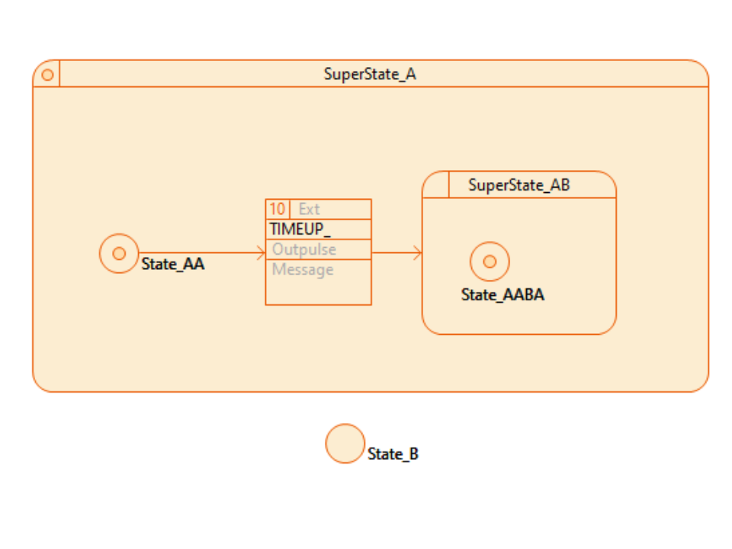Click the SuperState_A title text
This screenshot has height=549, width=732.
[370, 75]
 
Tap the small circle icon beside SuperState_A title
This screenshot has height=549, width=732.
[47, 75]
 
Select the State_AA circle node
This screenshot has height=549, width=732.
[119, 253]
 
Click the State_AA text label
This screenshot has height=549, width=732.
[173, 265]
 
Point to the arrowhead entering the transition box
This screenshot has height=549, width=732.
[262, 253]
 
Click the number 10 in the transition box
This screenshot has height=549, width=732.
[277, 210]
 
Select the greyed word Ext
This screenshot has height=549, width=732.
[309, 210]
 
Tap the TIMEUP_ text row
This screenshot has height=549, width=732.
[300, 230]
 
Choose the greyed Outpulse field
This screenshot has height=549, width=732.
[304, 249]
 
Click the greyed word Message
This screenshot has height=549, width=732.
[303, 270]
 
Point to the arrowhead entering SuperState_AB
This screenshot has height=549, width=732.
[418, 253]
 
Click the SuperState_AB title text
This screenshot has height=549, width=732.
[518, 185]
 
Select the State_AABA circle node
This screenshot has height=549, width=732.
[490, 262]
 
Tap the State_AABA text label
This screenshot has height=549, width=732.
[502, 295]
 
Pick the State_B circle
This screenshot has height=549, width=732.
[345, 444]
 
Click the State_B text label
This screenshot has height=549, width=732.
[393, 454]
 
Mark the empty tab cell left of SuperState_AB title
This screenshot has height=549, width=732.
[436, 185]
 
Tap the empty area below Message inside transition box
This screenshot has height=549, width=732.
[318, 292]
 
